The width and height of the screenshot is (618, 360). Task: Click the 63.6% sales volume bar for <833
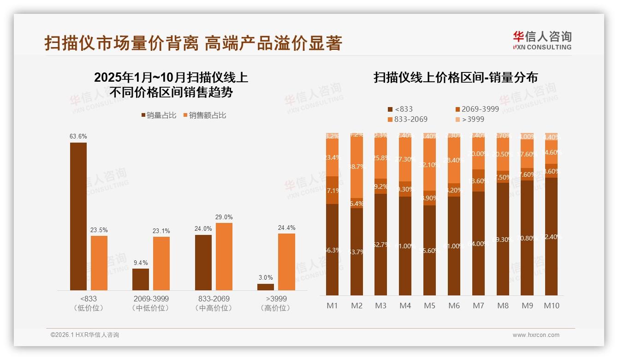[78, 216]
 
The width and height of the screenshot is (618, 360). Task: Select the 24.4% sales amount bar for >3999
[286, 262]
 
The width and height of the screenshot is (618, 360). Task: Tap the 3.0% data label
[266, 277]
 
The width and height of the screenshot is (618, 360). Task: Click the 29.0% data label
[224, 217]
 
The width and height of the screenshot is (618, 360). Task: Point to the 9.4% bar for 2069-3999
[141, 279]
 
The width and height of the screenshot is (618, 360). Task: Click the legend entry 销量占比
[159, 115]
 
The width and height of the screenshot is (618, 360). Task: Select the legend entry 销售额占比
[205, 115]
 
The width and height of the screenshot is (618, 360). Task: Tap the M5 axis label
[429, 306]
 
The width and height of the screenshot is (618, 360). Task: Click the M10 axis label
[552, 306]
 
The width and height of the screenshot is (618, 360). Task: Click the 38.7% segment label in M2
[357, 166]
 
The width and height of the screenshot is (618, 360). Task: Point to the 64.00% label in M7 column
[479, 244]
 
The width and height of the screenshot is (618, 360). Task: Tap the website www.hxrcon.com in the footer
[535, 335]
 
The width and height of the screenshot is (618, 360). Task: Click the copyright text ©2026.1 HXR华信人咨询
[85, 335]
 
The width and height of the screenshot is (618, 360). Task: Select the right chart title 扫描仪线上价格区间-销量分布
[455, 78]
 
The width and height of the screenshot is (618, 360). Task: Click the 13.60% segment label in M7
[479, 181]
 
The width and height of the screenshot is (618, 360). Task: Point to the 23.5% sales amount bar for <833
[99, 263]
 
